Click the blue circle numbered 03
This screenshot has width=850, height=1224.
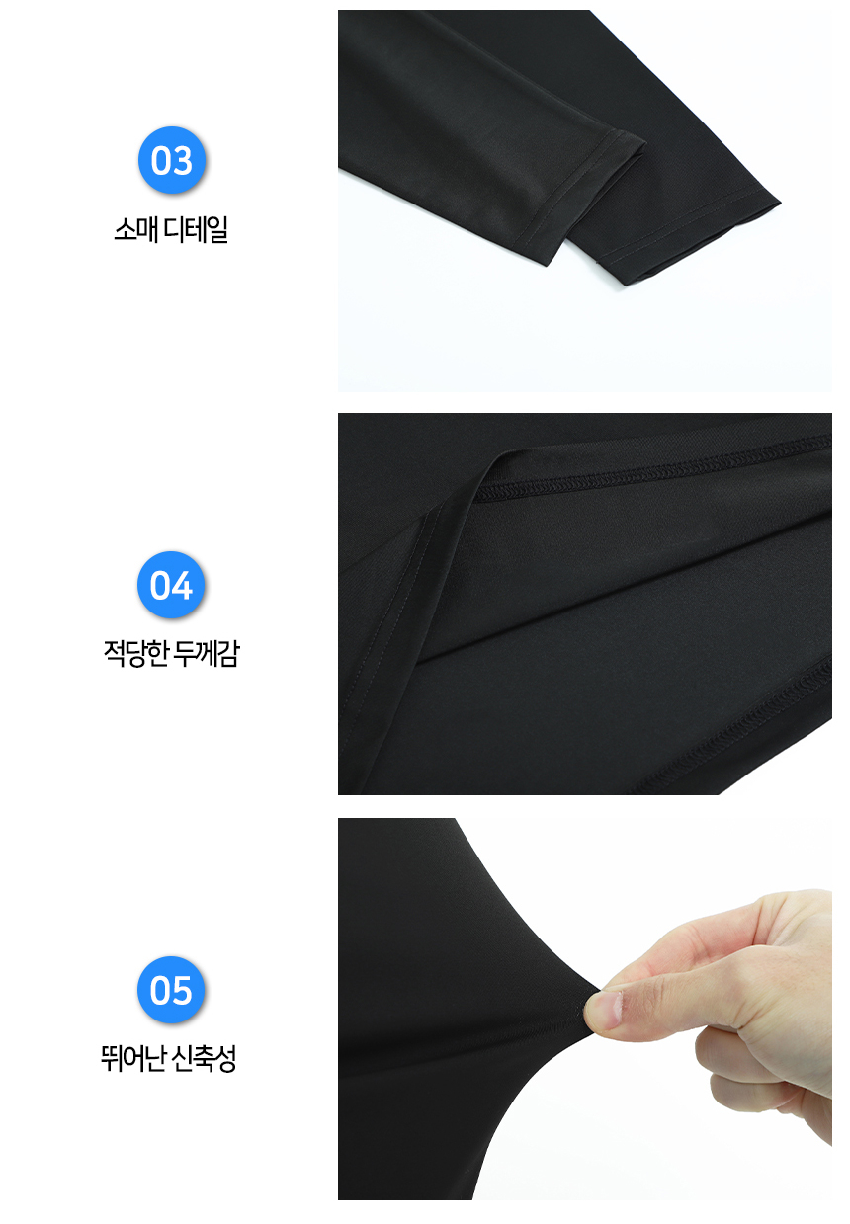pos(172,160)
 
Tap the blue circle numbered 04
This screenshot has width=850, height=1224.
pos(171,585)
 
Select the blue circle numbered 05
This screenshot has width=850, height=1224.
pos(171,990)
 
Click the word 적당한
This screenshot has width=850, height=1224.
pos(134,653)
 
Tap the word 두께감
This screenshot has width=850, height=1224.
pos(207,653)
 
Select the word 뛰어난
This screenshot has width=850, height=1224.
pos(132,1058)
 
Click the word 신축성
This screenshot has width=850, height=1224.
pos(204,1058)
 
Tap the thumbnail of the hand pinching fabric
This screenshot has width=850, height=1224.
pos(585,1017)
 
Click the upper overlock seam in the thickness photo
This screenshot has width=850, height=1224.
pos(650,469)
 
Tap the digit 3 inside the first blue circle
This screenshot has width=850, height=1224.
pos(183,161)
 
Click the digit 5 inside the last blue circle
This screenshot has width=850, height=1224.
pos(182,990)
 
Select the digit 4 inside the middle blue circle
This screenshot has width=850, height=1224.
pos(182,586)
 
